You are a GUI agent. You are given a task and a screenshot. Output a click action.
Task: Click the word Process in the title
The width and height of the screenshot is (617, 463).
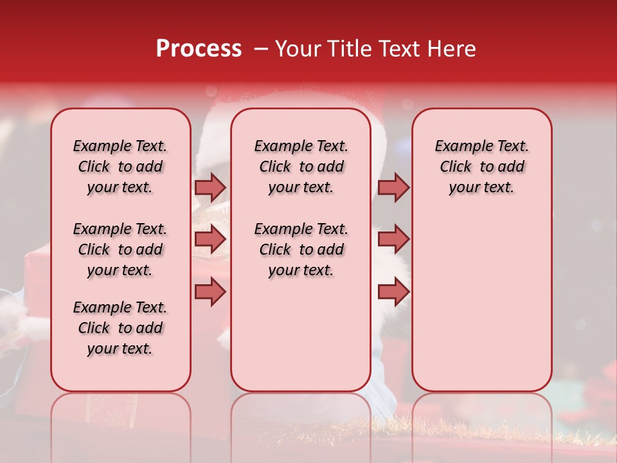(199, 49)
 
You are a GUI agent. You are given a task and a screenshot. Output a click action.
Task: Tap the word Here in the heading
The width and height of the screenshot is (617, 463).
(452, 49)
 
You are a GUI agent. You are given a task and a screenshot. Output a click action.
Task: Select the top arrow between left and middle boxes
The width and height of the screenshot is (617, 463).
(210, 187)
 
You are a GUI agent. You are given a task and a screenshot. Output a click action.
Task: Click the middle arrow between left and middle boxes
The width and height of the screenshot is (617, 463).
(210, 239)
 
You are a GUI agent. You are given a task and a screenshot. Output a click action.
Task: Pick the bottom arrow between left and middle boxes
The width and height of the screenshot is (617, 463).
(210, 292)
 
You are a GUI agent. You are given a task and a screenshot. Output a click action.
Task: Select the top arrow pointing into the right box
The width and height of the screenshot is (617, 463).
(393, 187)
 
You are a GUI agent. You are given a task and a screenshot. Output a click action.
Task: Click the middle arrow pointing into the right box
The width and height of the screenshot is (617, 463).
(393, 239)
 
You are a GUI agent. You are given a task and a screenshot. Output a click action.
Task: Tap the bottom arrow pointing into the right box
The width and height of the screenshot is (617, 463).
(393, 292)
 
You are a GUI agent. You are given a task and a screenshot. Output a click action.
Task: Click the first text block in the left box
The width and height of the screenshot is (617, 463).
(120, 167)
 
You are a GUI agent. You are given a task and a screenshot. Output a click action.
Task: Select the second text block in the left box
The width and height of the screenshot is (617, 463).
(120, 250)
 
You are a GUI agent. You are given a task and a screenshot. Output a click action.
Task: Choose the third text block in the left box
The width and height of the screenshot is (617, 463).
(120, 328)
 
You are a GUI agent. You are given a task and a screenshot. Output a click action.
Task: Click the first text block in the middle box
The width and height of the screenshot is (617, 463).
(301, 167)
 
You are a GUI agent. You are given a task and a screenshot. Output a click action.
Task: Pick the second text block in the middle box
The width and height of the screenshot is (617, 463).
(301, 250)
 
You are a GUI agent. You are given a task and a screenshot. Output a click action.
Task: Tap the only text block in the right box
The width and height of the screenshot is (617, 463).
(482, 167)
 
